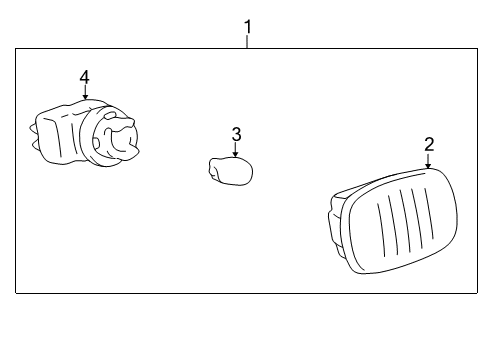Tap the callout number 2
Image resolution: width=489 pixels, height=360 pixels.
[428, 143]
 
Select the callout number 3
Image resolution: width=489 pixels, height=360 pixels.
[236, 133]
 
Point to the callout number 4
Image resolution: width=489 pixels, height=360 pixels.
[85, 76]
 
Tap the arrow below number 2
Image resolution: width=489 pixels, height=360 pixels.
[428, 162]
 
